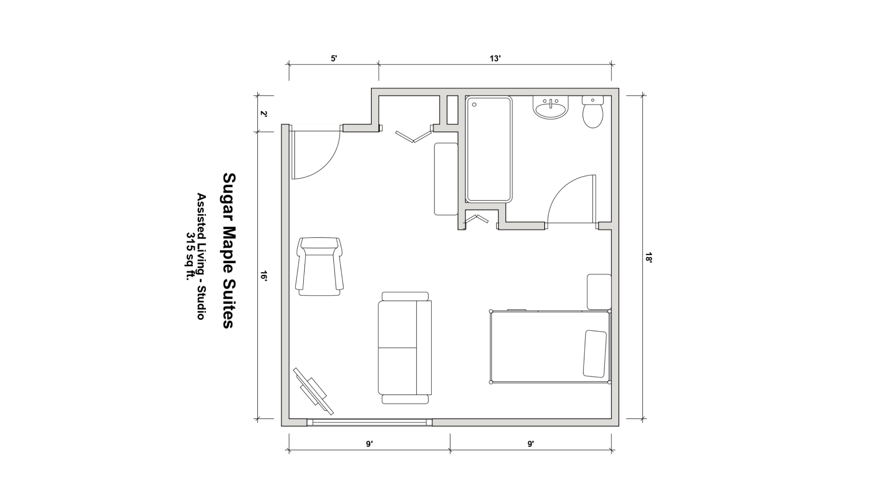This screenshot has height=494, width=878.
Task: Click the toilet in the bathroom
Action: pyautogui.click(x=593, y=112)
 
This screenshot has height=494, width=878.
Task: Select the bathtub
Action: pyautogui.click(x=488, y=149)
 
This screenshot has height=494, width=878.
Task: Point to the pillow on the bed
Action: pyautogui.click(x=595, y=354)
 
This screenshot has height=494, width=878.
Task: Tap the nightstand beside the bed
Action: pyautogui.click(x=599, y=292)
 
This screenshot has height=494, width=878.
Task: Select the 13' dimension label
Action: pyautogui.click(x=495, y=59)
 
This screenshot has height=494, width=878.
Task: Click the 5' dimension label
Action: pyautogui.click(x=334, y=59)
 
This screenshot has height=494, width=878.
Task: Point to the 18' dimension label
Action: pyautogui.click(x=648, y=258)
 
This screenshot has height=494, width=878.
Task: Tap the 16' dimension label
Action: pyautogui.click(x=263, y=276)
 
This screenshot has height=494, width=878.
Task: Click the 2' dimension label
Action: pyautogui.click(x=263, y=114)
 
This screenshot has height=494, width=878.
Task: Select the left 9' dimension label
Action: pyautogui.click(x=369, y=444)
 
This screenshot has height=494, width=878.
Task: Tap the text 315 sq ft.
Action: pyautogui.click(x=189, y=259)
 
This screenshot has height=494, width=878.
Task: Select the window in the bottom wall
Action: pyautogui.click(x=369, y=422)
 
